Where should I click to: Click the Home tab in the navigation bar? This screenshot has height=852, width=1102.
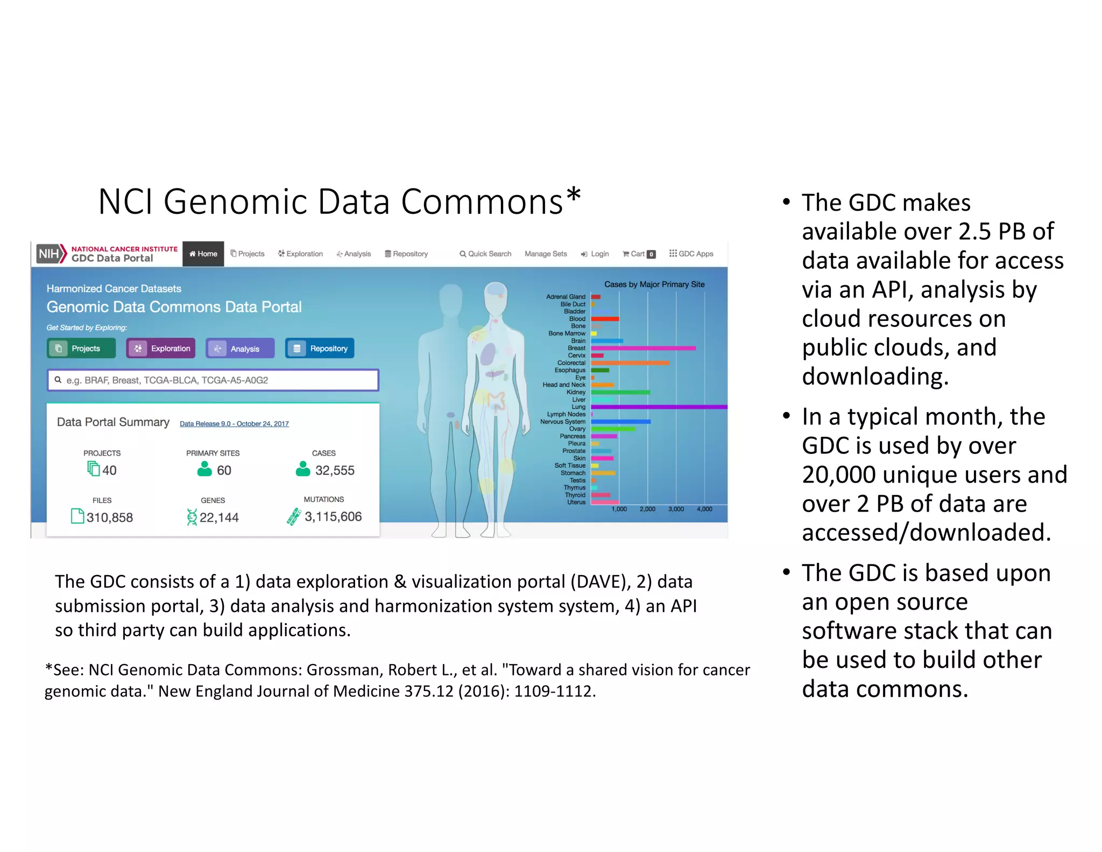tap(203, 254)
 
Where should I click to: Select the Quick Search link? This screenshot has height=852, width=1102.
tap(485, 254)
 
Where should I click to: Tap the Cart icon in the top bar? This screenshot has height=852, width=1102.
tap(626, 254)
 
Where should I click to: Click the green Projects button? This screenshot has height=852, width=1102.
tap(81, 348)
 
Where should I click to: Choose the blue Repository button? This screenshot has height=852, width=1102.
tap(320, 348)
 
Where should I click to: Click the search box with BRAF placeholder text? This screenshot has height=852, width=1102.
tap(213, 380)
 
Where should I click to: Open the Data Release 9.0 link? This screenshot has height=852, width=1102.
tap(234, 424)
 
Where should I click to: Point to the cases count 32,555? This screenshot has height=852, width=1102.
tap(334, 470)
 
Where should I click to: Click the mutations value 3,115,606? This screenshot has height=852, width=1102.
tap(333, 516)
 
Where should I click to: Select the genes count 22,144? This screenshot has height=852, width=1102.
tap(218, 518)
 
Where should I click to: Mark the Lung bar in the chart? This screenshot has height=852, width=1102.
tap(659, 407)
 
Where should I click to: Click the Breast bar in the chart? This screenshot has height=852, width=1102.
tap(643, 348)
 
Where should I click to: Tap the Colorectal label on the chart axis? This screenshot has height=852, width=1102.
tap(571, 363)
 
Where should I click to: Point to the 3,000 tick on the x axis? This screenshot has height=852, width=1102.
tap(676, 509)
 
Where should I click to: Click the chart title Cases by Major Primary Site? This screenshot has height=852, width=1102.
tap(654, 284)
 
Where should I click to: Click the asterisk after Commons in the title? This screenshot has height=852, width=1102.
tap(574, 194)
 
